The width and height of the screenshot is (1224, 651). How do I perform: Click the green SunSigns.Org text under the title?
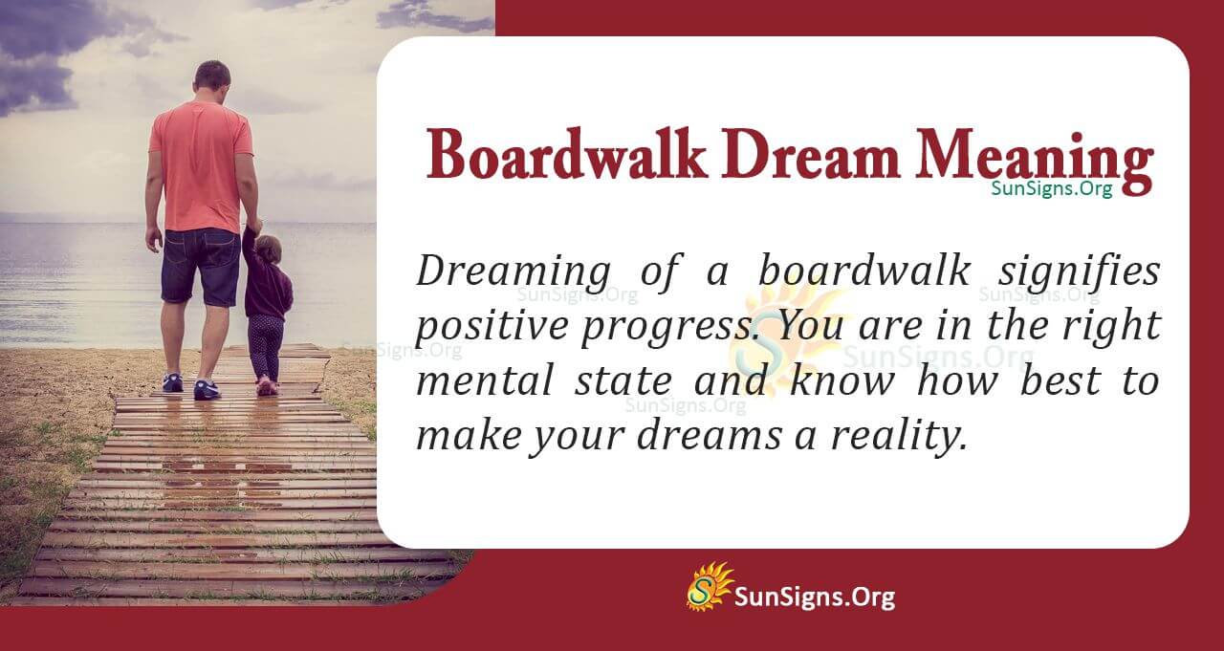point(1051,189)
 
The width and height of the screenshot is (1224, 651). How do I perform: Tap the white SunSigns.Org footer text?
point(814,597)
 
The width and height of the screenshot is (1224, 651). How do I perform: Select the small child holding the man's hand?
point(266,306)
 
